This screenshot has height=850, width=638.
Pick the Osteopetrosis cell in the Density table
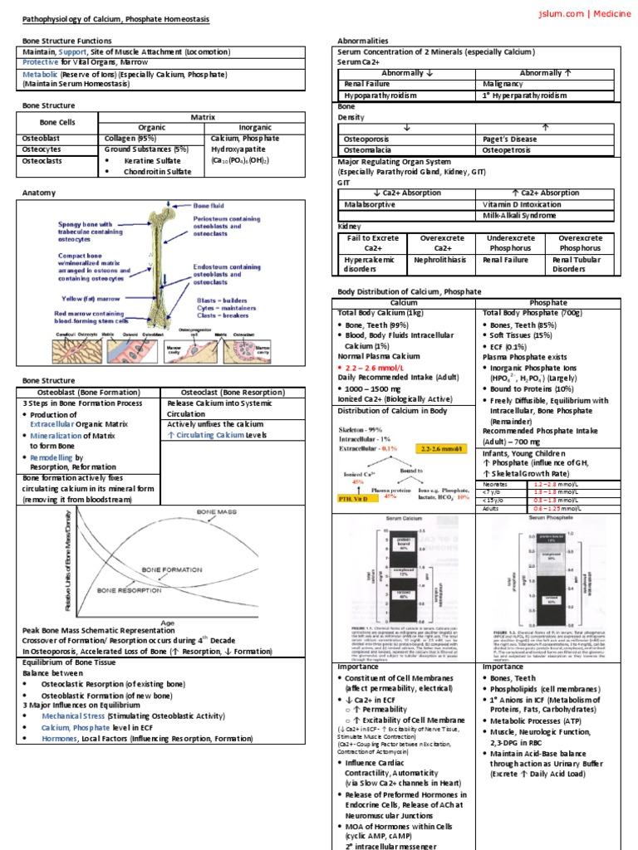coord(510,150)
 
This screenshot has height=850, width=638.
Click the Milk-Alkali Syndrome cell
coord(520,216)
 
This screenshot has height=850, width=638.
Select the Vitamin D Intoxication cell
coord(523,204)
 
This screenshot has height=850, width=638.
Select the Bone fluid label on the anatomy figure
coord(210,204)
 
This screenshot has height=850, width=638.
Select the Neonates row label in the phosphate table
coord(497,483)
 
